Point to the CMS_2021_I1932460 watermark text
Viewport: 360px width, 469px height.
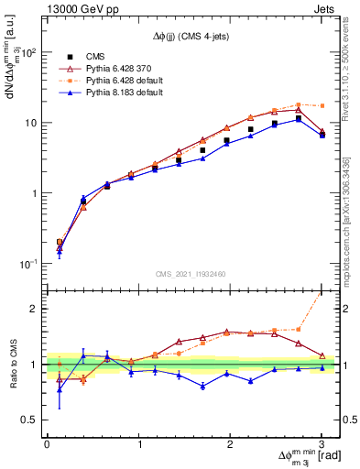click(x=192, y=273)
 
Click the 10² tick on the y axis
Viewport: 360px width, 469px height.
click(x=31, y=52)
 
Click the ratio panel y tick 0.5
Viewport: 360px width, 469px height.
click(x=29, y=420)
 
